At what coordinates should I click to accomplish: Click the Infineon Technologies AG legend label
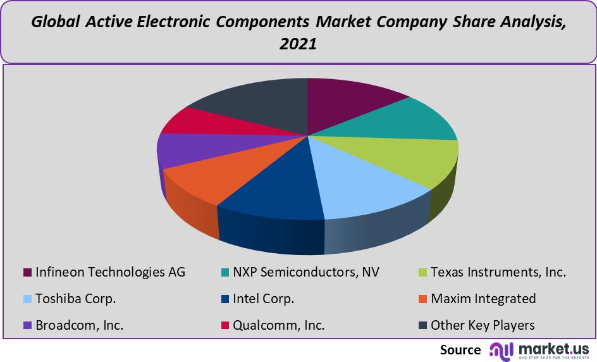(x=111, y=272)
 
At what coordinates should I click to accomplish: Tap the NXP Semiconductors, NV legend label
(x=307, y=272)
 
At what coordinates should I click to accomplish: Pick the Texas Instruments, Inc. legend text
(x=498, y=272)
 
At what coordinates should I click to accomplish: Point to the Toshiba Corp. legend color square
(x=27, y=299)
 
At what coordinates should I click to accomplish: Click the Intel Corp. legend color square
(x=225, y=299)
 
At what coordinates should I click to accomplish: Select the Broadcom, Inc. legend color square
(x=27, y=326)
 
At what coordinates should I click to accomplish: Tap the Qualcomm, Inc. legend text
(x=279, y=325)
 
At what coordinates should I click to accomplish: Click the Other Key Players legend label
(x=483, y=325)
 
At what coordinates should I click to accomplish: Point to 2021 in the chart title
(x=298, y=45)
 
